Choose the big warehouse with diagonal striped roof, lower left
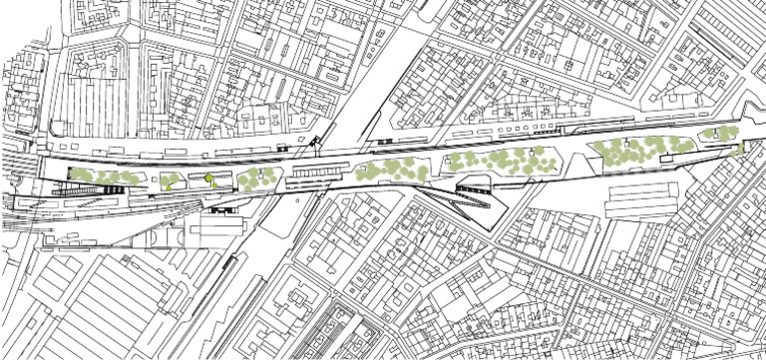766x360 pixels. [x=100, y=299]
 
